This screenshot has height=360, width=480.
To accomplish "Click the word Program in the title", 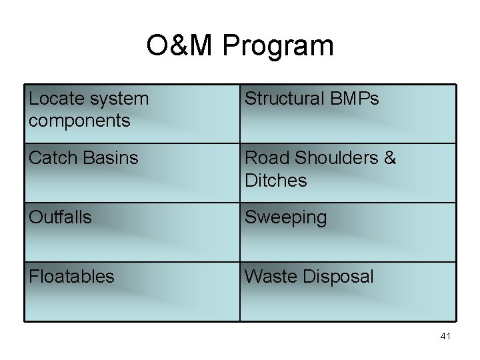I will point(278,47).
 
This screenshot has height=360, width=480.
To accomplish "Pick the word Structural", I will point(285,99).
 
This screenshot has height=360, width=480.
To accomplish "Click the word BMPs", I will point(355,99).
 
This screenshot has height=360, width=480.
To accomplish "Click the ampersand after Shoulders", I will point(390,158).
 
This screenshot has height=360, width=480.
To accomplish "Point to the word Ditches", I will point(276,180).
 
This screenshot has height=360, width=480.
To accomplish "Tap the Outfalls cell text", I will point(60,217).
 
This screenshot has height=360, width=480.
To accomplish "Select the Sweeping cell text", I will point(285,218).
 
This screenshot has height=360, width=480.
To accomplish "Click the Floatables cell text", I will point(71,276).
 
